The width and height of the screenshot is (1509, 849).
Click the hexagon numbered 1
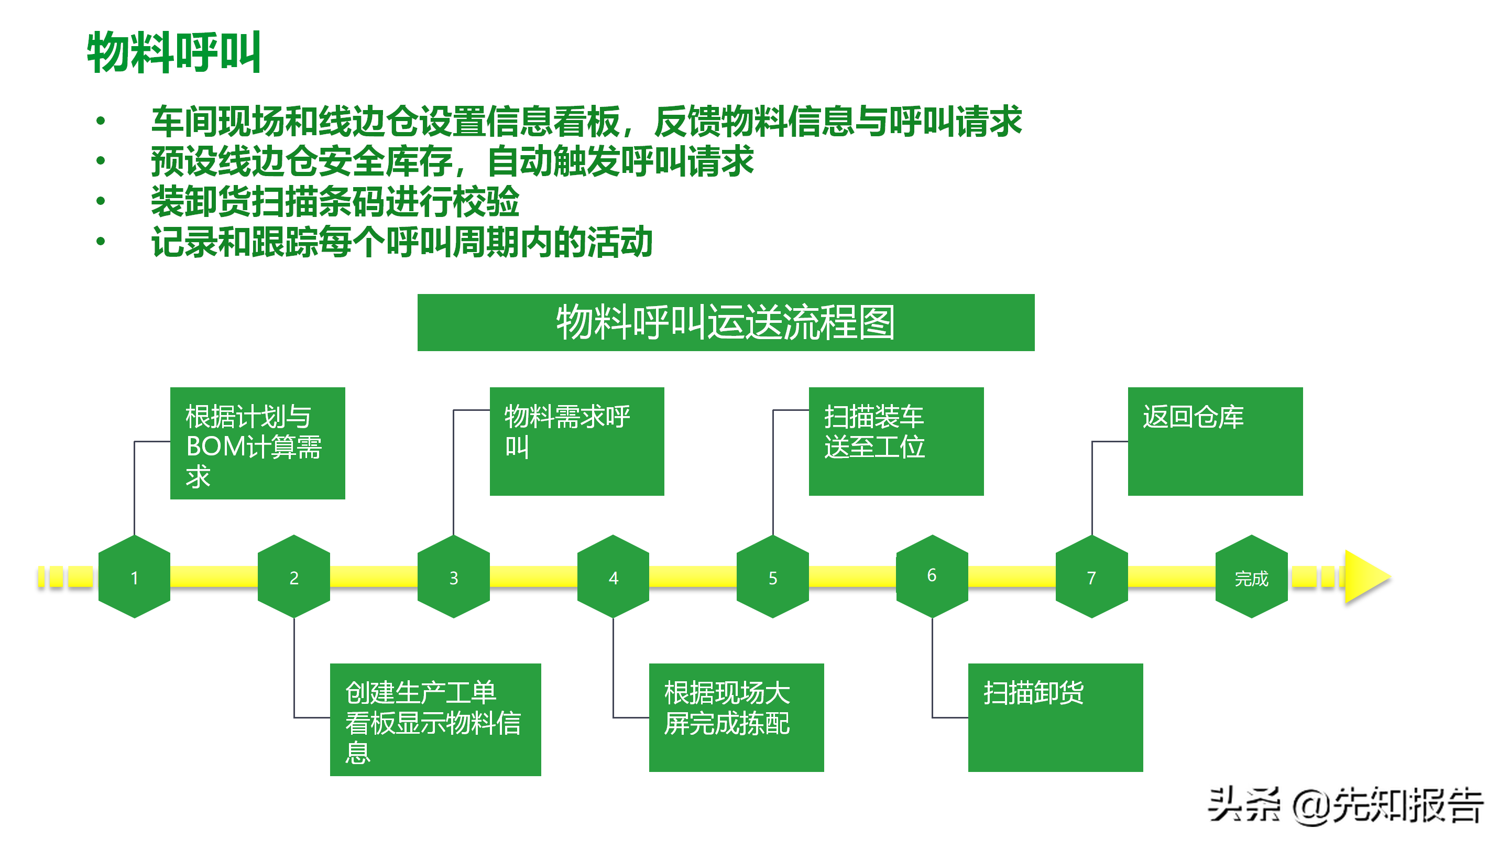pyautogui.click(x=134, y=577)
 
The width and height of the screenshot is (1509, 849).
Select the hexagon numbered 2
pyautogui.click(x=293, y=577)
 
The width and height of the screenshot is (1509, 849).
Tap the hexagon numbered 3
pyautogui.click(x=453, y=577)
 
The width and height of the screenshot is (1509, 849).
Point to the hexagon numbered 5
pyautogui.click(x=773, y=577)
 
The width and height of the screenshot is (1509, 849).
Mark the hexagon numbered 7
pyautogui.click(x=1091, y=577)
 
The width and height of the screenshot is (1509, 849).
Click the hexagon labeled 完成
pyautogui.click(x=1251, y=577)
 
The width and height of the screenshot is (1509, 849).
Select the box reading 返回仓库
pyautogui.click(x=1215, y=441)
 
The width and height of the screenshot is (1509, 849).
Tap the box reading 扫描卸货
pyautogui.click(x=1055, y=717)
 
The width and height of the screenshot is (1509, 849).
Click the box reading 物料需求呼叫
pyautogui.click(x=576, y=441)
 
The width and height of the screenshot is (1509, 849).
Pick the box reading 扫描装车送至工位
pyautogui.click(x=895, y=441)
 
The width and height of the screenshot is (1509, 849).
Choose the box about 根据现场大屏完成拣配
pyautogui.click(x=736, y=717)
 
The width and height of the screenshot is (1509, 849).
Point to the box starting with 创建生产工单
pyautogui.click(x=435, y=720)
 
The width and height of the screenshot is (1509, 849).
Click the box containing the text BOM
pyautogui.click(x=257, y=443)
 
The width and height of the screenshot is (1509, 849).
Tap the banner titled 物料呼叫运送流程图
pyautogui.click(x=725, y=322)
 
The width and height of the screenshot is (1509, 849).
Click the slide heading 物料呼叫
pyautogui.click(x=174, y=53)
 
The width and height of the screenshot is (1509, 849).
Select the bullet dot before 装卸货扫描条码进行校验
pyautogui.click(x=101, y=201)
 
